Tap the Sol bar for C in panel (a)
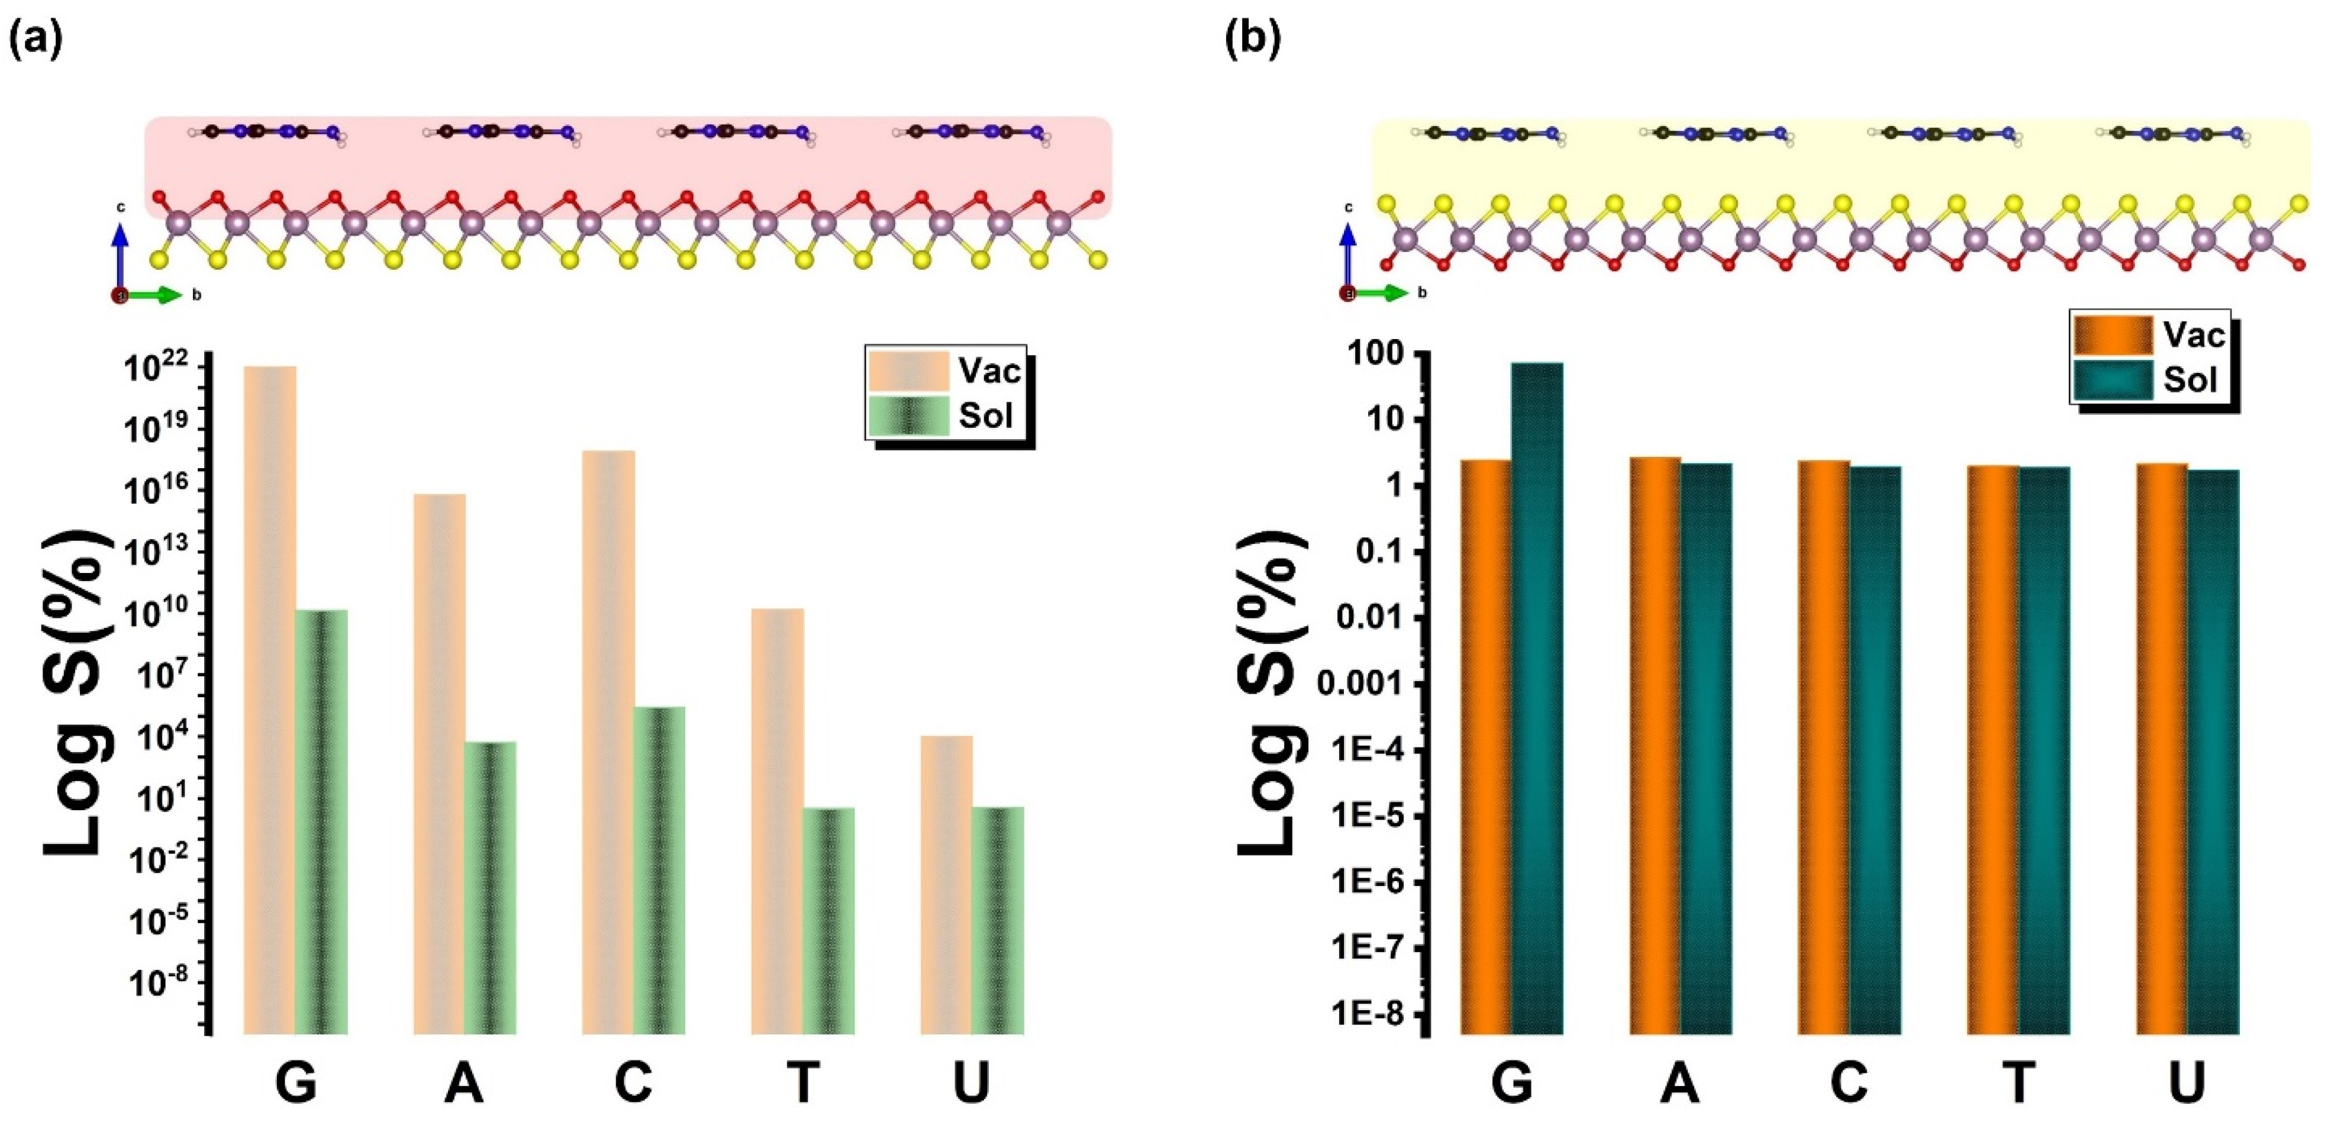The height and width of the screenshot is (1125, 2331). [659, 869]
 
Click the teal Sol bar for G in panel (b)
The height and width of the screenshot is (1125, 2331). [1536, 697]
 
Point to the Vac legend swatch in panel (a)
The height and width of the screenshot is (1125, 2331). [908, 371]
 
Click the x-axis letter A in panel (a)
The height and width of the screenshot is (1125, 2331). [463, 1082]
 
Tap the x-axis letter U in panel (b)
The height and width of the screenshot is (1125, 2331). [2187, 1082]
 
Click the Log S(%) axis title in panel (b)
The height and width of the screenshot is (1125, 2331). [1271, 692]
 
